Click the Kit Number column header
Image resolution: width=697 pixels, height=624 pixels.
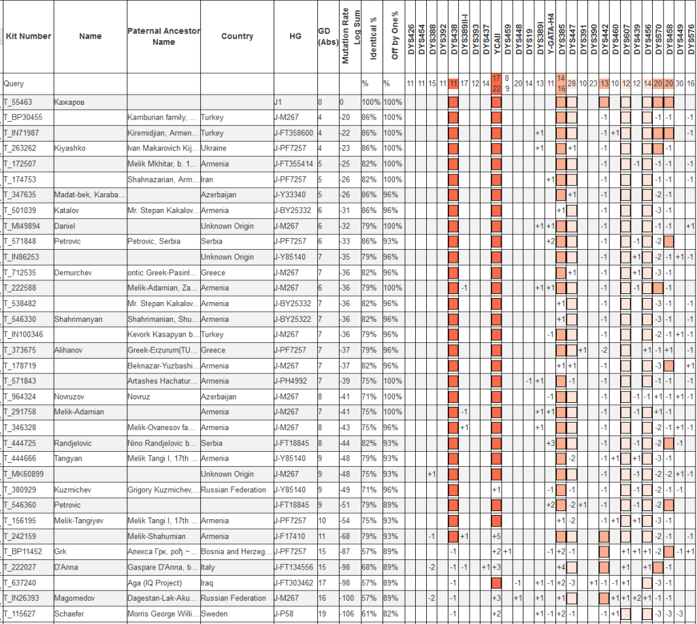(x=28, y=37)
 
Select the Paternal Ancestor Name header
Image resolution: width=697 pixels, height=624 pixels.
(x=155, y=37)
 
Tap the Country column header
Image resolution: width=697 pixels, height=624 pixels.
(x=237, y=37)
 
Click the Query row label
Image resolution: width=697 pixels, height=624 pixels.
(x=14, y=84)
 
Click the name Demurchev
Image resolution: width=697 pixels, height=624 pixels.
(x=73, y=273)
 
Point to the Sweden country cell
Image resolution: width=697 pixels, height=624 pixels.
(x=213, y=614)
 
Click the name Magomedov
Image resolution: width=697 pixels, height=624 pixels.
(x=75, y=598)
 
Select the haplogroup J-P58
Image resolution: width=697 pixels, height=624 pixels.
(x=283, y=614)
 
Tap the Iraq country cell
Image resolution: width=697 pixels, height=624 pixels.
(x=207, y=583)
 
